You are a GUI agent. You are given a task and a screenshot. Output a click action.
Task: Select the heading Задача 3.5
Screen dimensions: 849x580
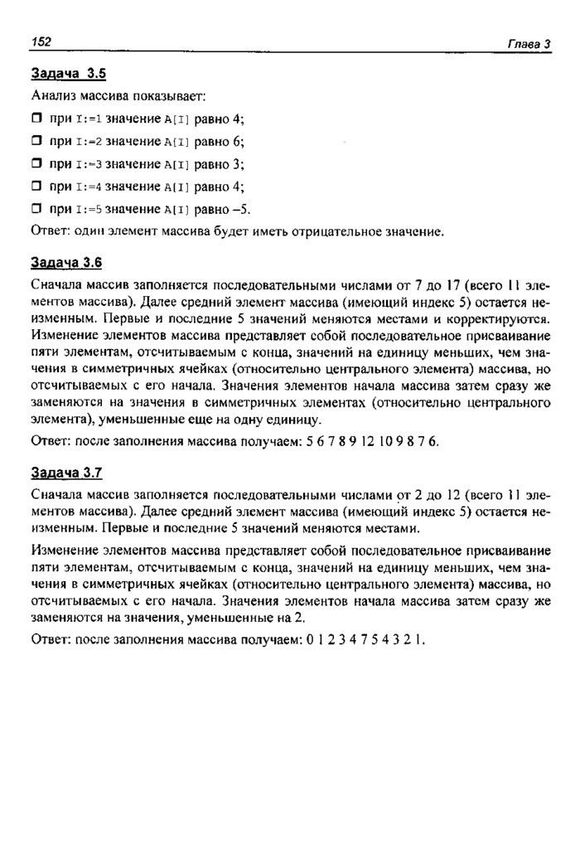coord(68,74)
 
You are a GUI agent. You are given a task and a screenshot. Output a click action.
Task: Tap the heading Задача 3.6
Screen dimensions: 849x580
coord(66,263)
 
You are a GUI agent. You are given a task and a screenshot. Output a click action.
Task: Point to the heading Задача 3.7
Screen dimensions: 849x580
coord(66,473)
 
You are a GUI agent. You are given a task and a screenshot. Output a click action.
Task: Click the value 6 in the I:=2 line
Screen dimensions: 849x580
coord(237,142)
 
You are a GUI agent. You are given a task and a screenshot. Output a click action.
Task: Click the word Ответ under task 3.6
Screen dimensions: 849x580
coord(50,441)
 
